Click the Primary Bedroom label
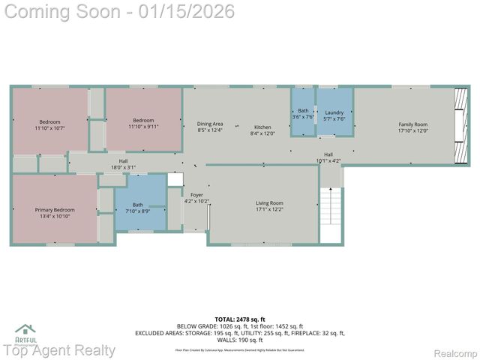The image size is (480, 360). pos(55,210)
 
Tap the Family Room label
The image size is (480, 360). pos(412,124)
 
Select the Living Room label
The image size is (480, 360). pos(269,203)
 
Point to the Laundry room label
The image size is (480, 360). pos(334,112)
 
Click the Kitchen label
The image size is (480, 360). pos(262,127)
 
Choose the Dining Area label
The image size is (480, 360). pos(210,124)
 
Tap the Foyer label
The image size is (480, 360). pos(196,195)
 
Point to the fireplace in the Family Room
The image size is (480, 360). pos(460,116)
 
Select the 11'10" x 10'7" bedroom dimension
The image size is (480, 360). pos(50,128)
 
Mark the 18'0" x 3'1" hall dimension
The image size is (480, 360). pos(123,166)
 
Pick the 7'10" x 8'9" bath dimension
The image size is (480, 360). pos(138,211)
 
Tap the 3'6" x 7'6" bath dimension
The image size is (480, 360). pos(302,117)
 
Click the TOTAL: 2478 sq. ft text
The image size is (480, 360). pos(240,319)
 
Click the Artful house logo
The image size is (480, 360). pos(25,329)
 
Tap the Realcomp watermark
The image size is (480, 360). pos(456,353)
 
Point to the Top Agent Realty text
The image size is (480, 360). pos(59,350)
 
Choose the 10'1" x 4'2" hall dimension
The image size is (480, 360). pos(328,160)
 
